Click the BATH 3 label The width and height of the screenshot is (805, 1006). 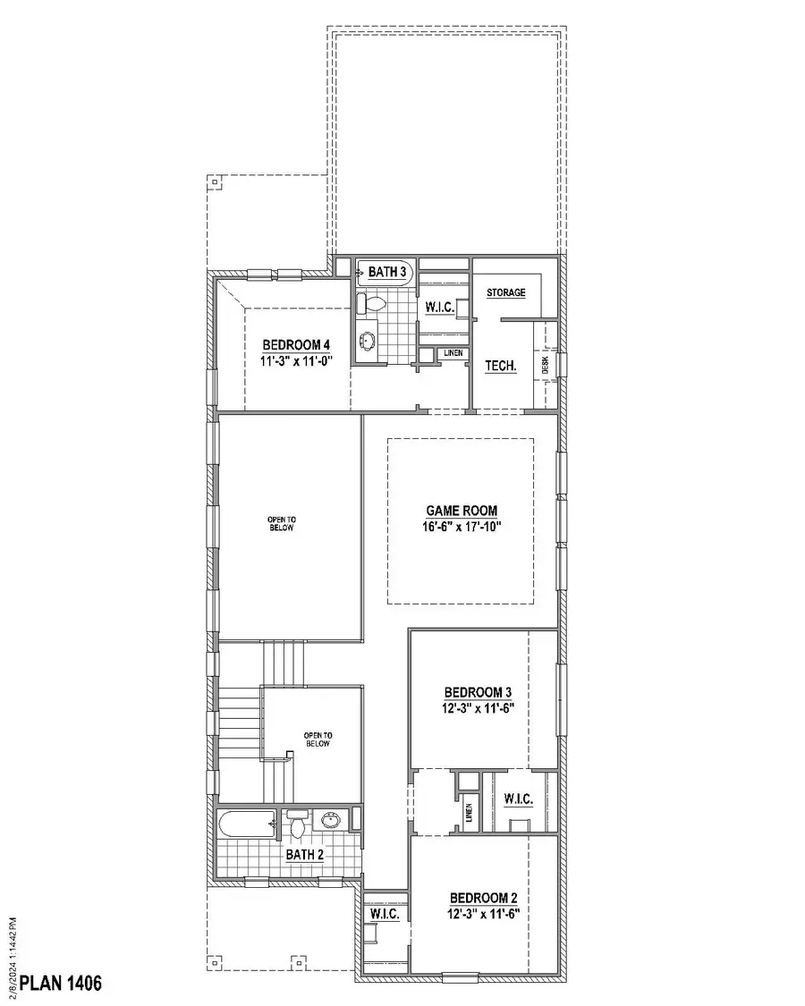pyautogui.click(x=387, y=271)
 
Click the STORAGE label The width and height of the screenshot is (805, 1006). pyautogui.click(x=506, y=292)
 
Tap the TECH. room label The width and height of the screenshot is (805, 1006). pyautogui.click(x=501, y=366)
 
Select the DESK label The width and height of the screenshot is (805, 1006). pyautogui.click(x=544, y=364)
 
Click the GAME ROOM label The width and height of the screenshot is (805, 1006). pyautogui.click(x=462, y=511)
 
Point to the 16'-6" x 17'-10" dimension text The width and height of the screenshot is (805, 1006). pyautogui.click(x=462, y=527)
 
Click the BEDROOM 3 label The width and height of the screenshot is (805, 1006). pyautogui.click(x=479, y=692)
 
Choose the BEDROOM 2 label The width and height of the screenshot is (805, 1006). pyautogui.click(x=484, y=898)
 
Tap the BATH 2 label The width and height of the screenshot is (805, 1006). pyautogui.click(x=304, y=855)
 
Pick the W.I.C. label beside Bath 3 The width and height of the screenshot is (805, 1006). pyautogui.click(x=440, y=308)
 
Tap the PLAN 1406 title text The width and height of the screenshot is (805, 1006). pyautogui.click(x=61, y=984)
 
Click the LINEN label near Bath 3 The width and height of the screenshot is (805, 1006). pyautogui.click(x=453, y=354)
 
